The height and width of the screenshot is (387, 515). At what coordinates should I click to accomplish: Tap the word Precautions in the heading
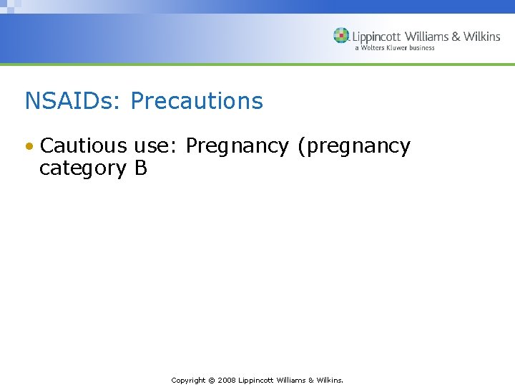[197, 101]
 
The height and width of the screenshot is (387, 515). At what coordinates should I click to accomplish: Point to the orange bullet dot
[29, 147]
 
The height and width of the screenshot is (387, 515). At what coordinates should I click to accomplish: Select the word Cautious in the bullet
[83, 146]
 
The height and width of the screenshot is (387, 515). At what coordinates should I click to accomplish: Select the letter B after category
[140, 168]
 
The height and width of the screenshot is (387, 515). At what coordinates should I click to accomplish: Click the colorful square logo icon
[341, 36]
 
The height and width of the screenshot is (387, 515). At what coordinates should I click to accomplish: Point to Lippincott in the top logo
[376, 37]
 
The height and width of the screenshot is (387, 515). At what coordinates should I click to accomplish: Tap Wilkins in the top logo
[481, 37]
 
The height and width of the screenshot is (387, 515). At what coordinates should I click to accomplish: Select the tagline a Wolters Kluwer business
[394, 48]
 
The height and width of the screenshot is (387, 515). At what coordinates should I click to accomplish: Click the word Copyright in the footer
[188, 380]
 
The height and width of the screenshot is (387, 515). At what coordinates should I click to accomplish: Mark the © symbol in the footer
[212, 380]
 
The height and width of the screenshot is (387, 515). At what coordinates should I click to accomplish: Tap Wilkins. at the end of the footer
[330, 380]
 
